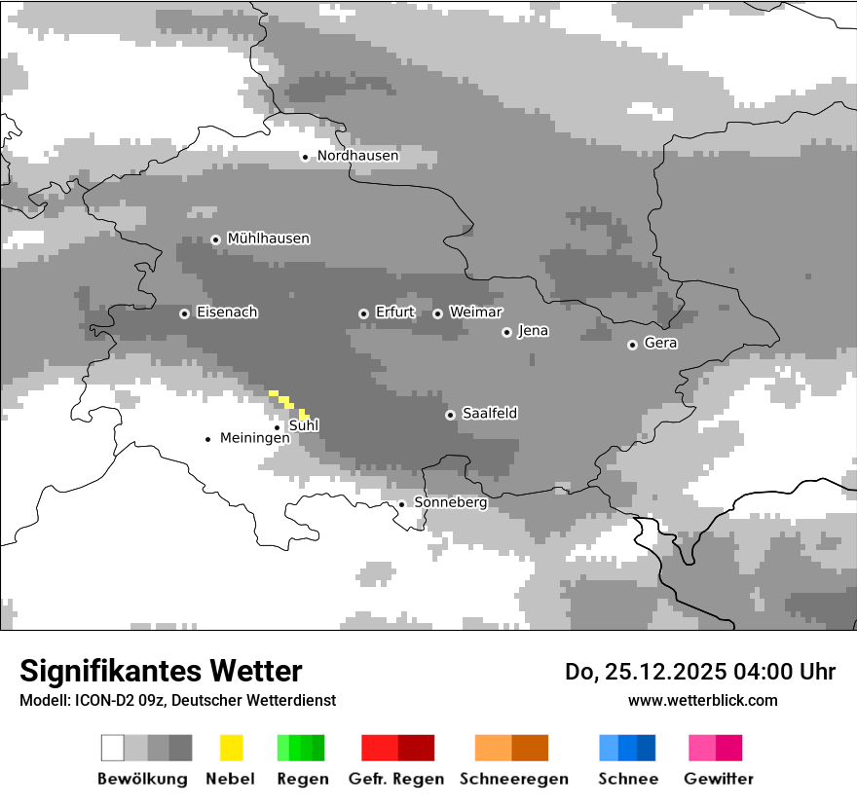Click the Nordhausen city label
click(x=357, y=156)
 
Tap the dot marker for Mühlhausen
click(x=215, y=239)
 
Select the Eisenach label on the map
click(x=227, y=312)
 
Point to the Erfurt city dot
click(x=363, y=313)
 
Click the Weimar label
click(x=475, y=312)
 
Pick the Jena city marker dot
click(x=506, y=332)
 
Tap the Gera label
click(x=660, y=343)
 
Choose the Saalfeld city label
click(x=489, y=414)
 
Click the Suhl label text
click(x=304, y=425)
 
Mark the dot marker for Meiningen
click(x=207, y=439)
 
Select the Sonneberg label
click(x=450, y=502)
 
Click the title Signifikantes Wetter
click(x=161, y=671)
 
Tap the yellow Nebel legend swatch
click(x=231, y=748)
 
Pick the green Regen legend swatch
click(x=301, y=748)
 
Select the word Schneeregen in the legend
click(x=513, y=779)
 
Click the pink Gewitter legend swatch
click(x=715, y=748)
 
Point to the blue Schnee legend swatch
click(x=627, y=748)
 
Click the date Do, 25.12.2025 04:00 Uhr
click(x=699, y=672)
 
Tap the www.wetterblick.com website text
click(x=702, y=700)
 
